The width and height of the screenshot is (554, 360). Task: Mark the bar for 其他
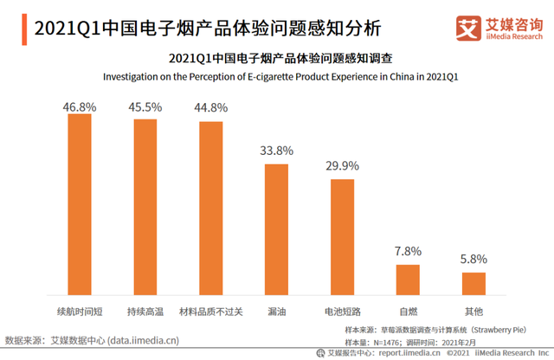[473, 285]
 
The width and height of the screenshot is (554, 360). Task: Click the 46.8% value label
[80, 106]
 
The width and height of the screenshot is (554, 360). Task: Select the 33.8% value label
[276, 150]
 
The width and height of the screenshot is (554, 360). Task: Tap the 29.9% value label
[342, 164]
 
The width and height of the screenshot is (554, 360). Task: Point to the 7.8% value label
[408, 252]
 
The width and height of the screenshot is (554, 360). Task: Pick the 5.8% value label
[473, 259]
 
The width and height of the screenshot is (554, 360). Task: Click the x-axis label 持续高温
[145, 309]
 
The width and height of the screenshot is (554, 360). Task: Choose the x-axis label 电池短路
[342, 309]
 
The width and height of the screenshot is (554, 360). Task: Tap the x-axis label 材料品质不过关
[211, 309]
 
